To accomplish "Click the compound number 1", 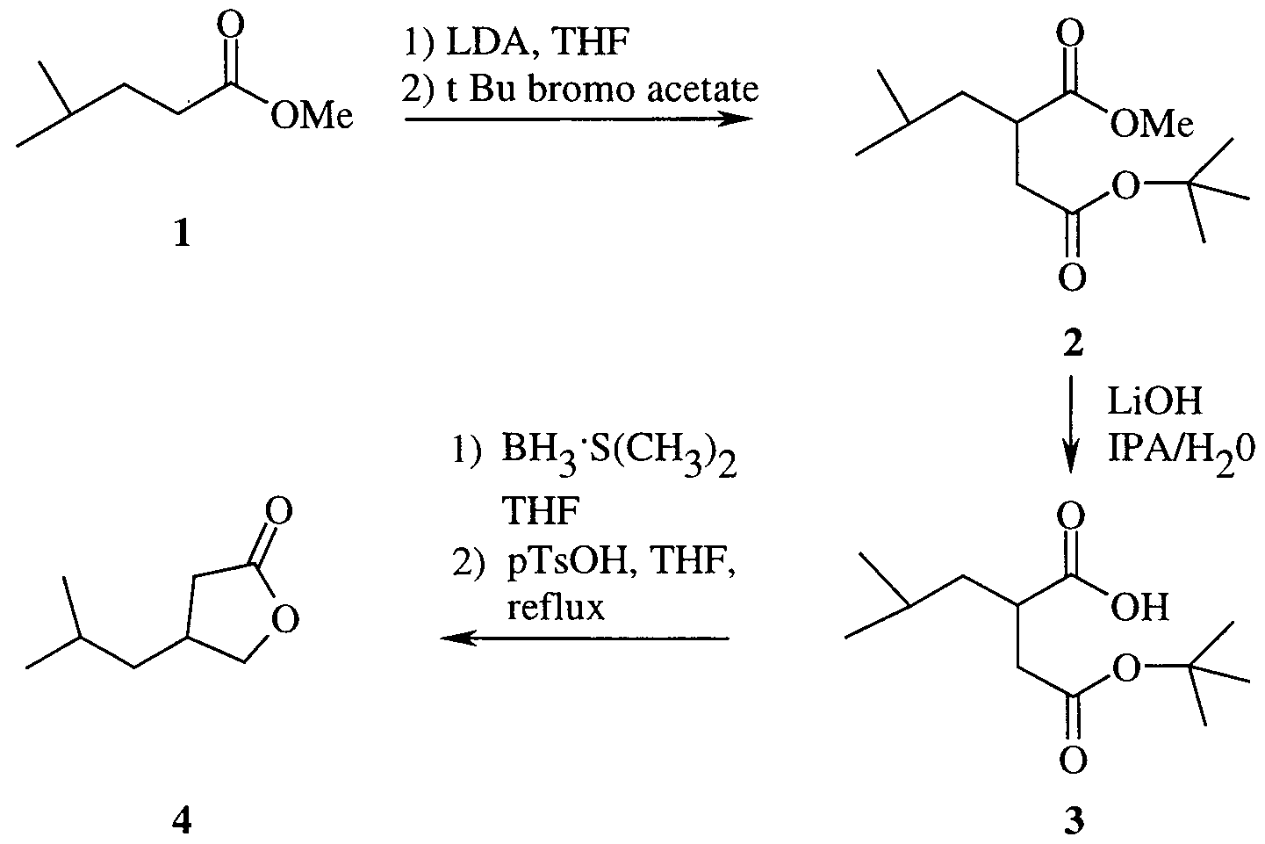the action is (182, 234).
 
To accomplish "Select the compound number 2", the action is (1073, 343).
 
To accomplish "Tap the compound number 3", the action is (1074, 820).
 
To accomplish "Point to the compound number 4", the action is (182, 820).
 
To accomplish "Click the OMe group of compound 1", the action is (312, 117).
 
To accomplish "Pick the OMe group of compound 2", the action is (1152, 123).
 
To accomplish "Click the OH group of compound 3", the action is (1139, 607).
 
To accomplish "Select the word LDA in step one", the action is (487, 43).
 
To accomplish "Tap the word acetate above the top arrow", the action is (703, 90).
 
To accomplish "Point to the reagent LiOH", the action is (1155, 401).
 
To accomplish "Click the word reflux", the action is (556, 607).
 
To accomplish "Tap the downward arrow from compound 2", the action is (1069, 423).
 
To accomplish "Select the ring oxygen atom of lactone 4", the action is (284, 618).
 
